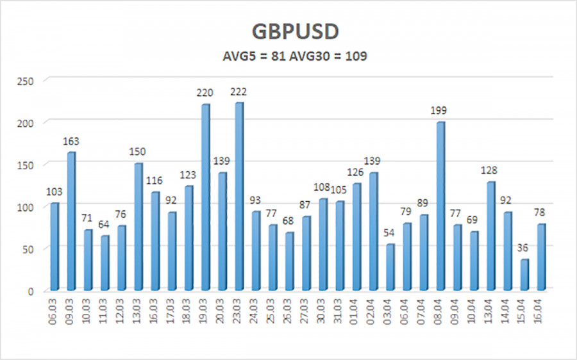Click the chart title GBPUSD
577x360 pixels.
[x=288, y=33]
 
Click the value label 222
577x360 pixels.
[x=238, y=92]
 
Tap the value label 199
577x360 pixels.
[x=439, y=111]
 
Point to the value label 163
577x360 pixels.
[x=71, y=142]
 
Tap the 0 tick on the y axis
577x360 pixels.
[x=36, y=291]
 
